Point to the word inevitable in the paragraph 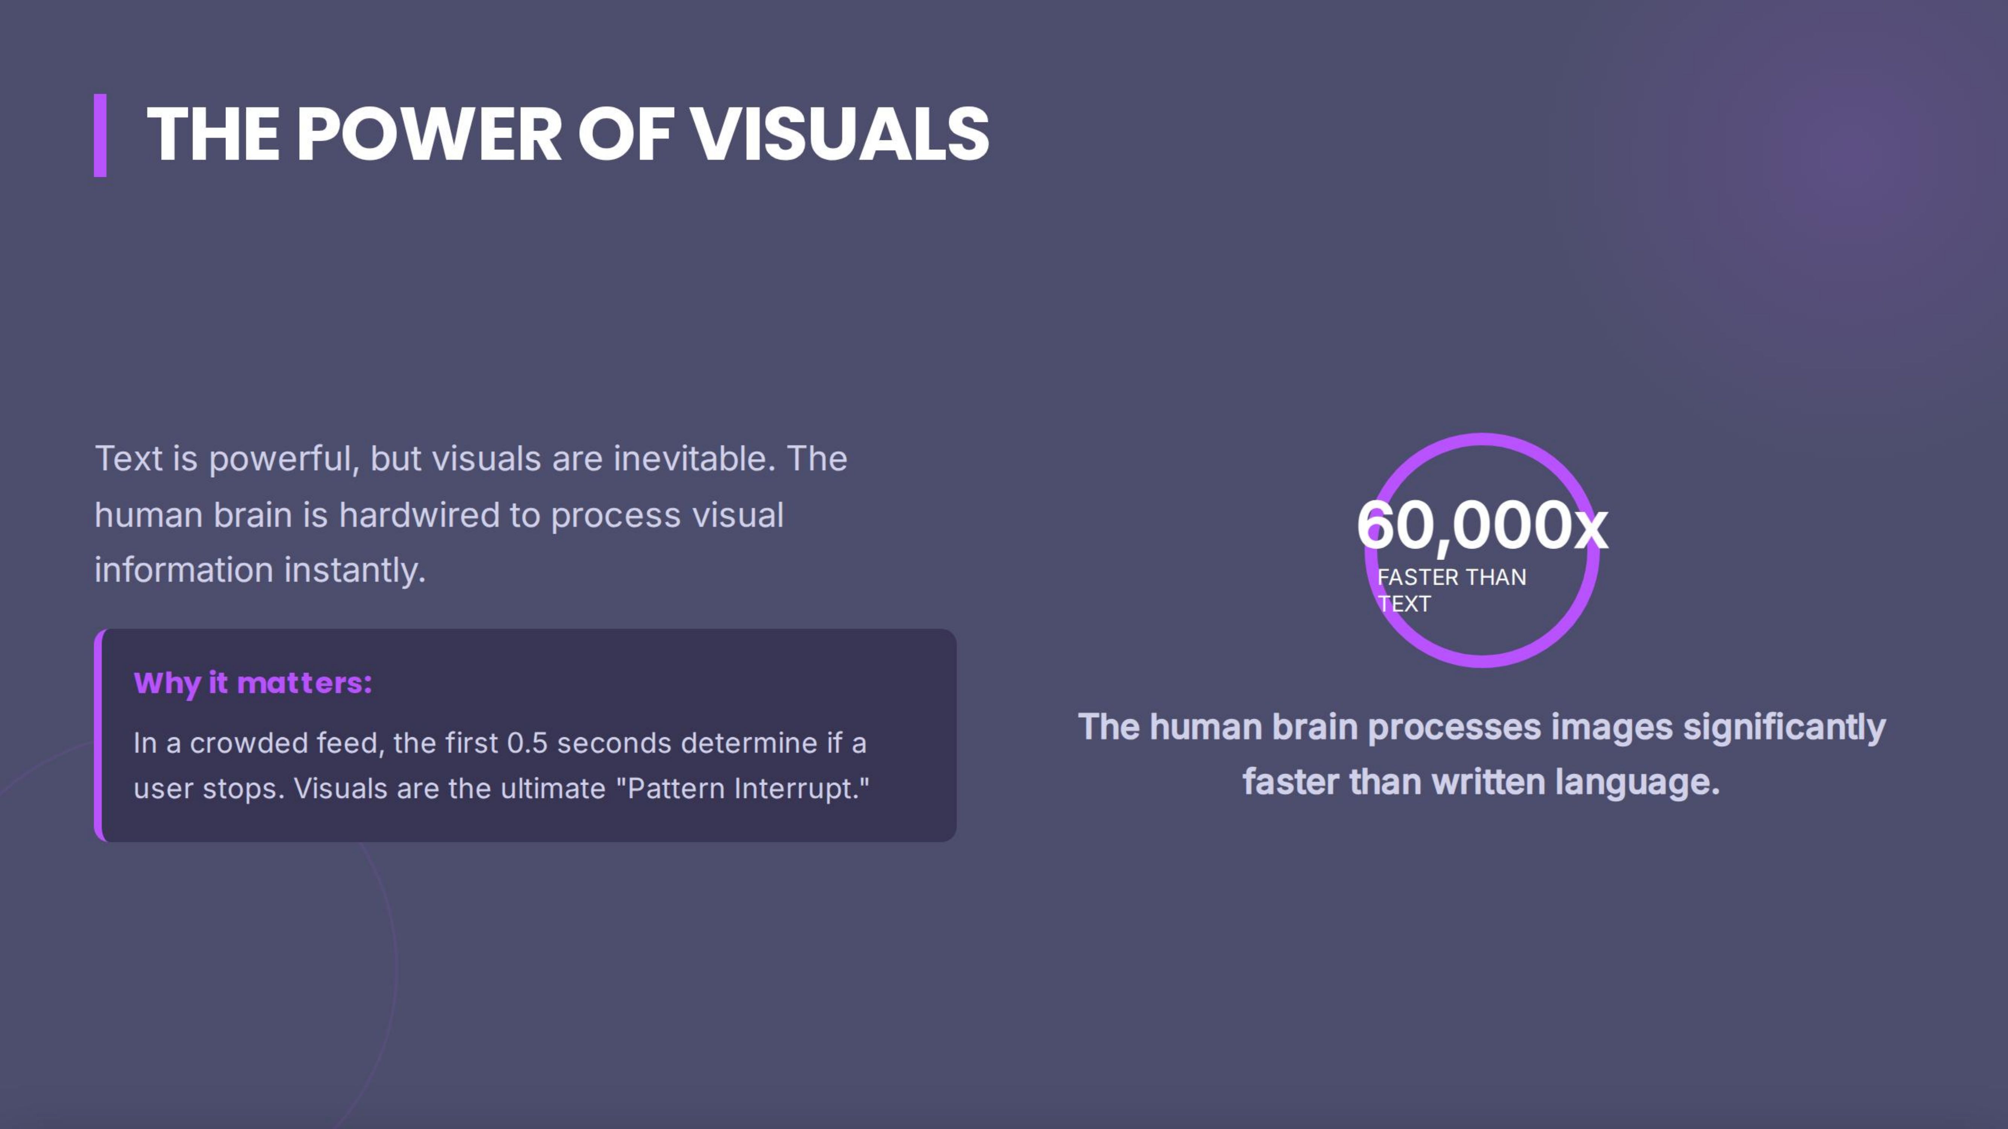[x=694, y=459]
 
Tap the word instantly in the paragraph [x=355, y=571]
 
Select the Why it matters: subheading [x=253, y=683]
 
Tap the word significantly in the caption [x=1784, y=728]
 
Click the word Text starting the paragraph [x=129, y=459]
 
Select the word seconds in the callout [x=614, y=743]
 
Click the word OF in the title [x=625, y=135]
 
